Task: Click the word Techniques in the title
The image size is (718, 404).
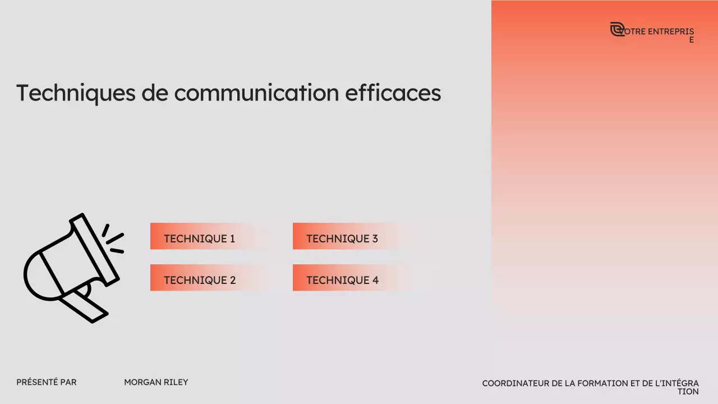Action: (76, 93)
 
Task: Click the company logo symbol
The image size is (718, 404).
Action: (617, 29)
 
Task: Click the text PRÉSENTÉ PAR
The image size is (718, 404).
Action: (47, 382)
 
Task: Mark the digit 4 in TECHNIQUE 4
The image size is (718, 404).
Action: (375, 280)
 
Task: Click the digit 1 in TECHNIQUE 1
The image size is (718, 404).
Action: (232, 238)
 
